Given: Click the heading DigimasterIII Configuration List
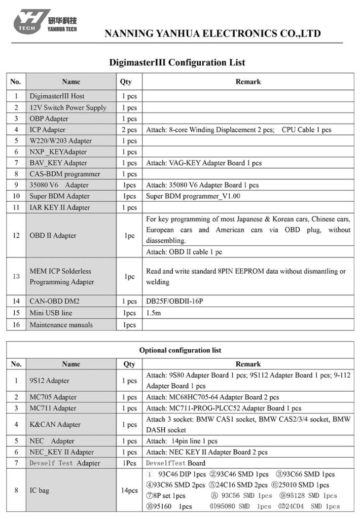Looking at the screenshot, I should [177, 63].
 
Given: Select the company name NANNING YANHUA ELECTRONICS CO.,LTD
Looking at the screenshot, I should [212, 34].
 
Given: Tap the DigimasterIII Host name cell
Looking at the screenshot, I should [57, 96].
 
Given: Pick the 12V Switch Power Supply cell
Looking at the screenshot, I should [68, 107].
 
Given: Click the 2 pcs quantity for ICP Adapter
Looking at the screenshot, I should [129, 130].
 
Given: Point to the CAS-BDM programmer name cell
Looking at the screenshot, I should [64, 174].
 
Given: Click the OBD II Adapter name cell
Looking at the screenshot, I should [53, 235].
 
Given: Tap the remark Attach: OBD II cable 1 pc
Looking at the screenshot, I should [184, 252].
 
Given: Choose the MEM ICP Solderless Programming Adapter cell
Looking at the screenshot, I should [60, 277].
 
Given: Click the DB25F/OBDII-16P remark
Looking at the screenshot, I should [177, 301].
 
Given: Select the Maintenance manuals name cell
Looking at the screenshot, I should [61, 324].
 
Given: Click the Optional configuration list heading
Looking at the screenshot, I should [180, 350].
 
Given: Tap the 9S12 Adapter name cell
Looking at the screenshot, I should [49, 381].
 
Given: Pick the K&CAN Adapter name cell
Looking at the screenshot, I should [55, 425].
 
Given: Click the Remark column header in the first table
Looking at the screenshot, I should [248, 81].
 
